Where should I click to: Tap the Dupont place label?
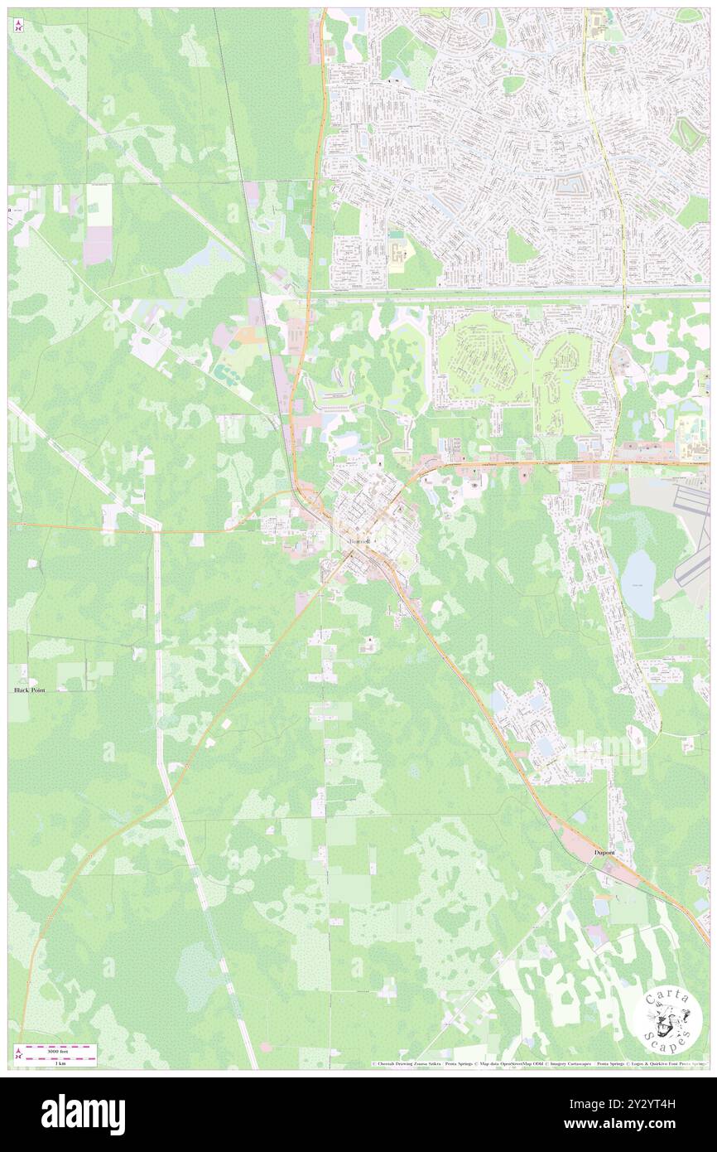605,851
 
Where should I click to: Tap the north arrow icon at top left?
19,26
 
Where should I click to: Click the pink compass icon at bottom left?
19,1053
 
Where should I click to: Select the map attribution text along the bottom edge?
538,1063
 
